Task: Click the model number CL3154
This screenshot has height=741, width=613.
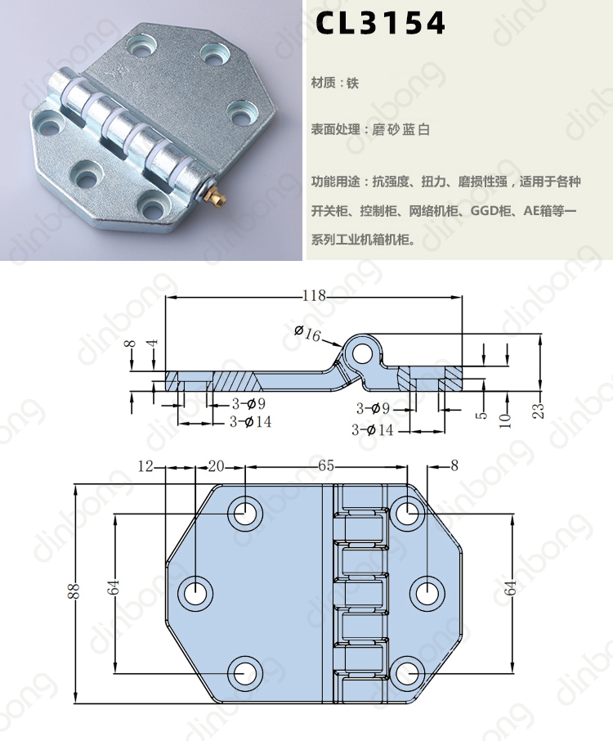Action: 381,25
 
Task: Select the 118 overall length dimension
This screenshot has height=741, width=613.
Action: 314,295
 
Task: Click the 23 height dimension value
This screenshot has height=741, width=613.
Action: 539,411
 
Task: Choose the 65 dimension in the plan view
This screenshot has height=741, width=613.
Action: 325,466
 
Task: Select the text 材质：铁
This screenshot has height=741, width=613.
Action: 335,83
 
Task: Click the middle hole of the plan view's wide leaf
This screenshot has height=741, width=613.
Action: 196,592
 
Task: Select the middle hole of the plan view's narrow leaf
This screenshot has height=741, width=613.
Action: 425,592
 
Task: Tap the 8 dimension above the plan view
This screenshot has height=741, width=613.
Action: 454,466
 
